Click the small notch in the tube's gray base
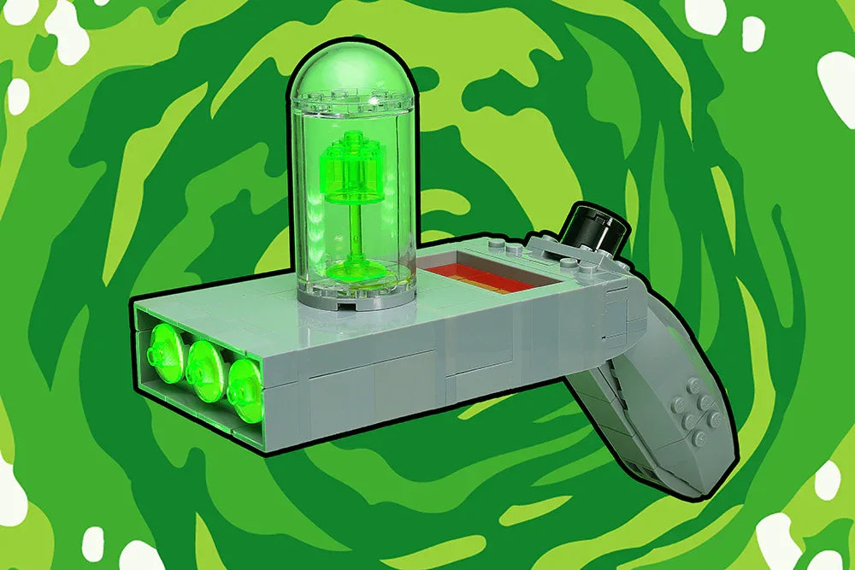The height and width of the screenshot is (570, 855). coord(346,305)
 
